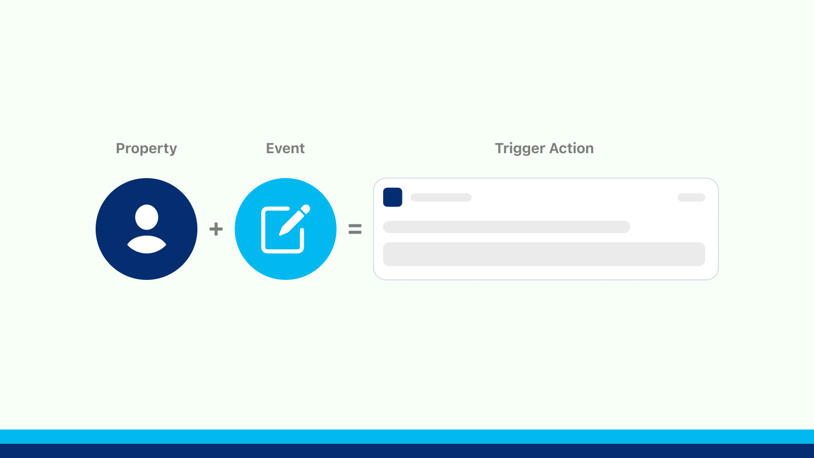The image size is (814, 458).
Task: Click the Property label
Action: click(147, 148)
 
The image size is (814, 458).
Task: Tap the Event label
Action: click(285, 148)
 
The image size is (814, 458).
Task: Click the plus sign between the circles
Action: click(216, 229)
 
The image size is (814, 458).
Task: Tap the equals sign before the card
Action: click(355, 229)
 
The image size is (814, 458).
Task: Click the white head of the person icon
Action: click(147, 217)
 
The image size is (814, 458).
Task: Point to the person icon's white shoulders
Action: click(147, 245)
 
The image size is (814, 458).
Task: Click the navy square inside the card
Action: click(392, 197)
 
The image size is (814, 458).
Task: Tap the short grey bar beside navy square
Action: click(441, 197)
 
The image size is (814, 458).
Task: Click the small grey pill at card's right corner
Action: click(691, 197)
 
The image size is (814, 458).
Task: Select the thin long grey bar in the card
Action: click(506, 227)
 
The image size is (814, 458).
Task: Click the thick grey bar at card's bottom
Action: click(543, 254)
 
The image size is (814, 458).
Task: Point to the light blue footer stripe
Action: click(407, 437)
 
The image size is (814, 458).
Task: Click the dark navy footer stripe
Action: click(407, 451)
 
